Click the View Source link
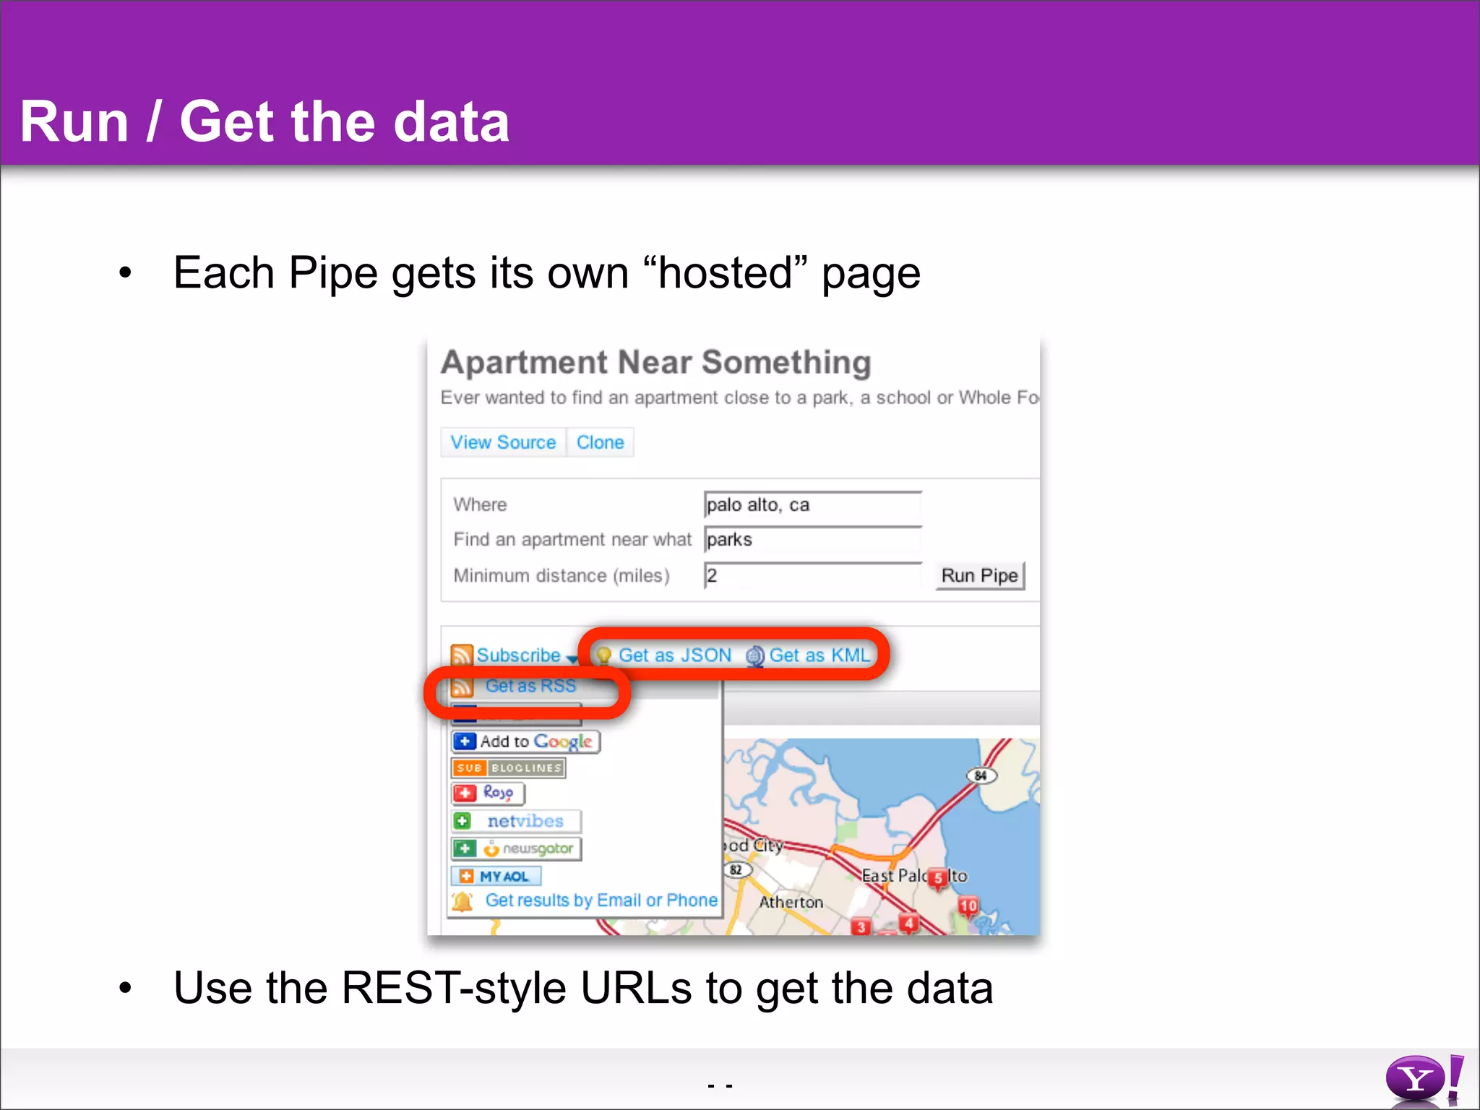(503, 442)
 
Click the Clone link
(600, 442)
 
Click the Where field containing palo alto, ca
(812, 505)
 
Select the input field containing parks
(812, 540)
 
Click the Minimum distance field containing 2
(812, 576)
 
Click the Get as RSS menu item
(530, 686)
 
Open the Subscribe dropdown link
(517, 655)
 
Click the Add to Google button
(526, 741)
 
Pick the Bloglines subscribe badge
(508, 768)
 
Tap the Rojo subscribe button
(489, 793)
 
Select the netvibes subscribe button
(516, 821)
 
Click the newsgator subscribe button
(516, 848)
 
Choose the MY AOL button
(496, 877)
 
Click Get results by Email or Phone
(601, 900)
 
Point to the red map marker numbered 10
(968, 906)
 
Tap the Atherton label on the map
(791, 903)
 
